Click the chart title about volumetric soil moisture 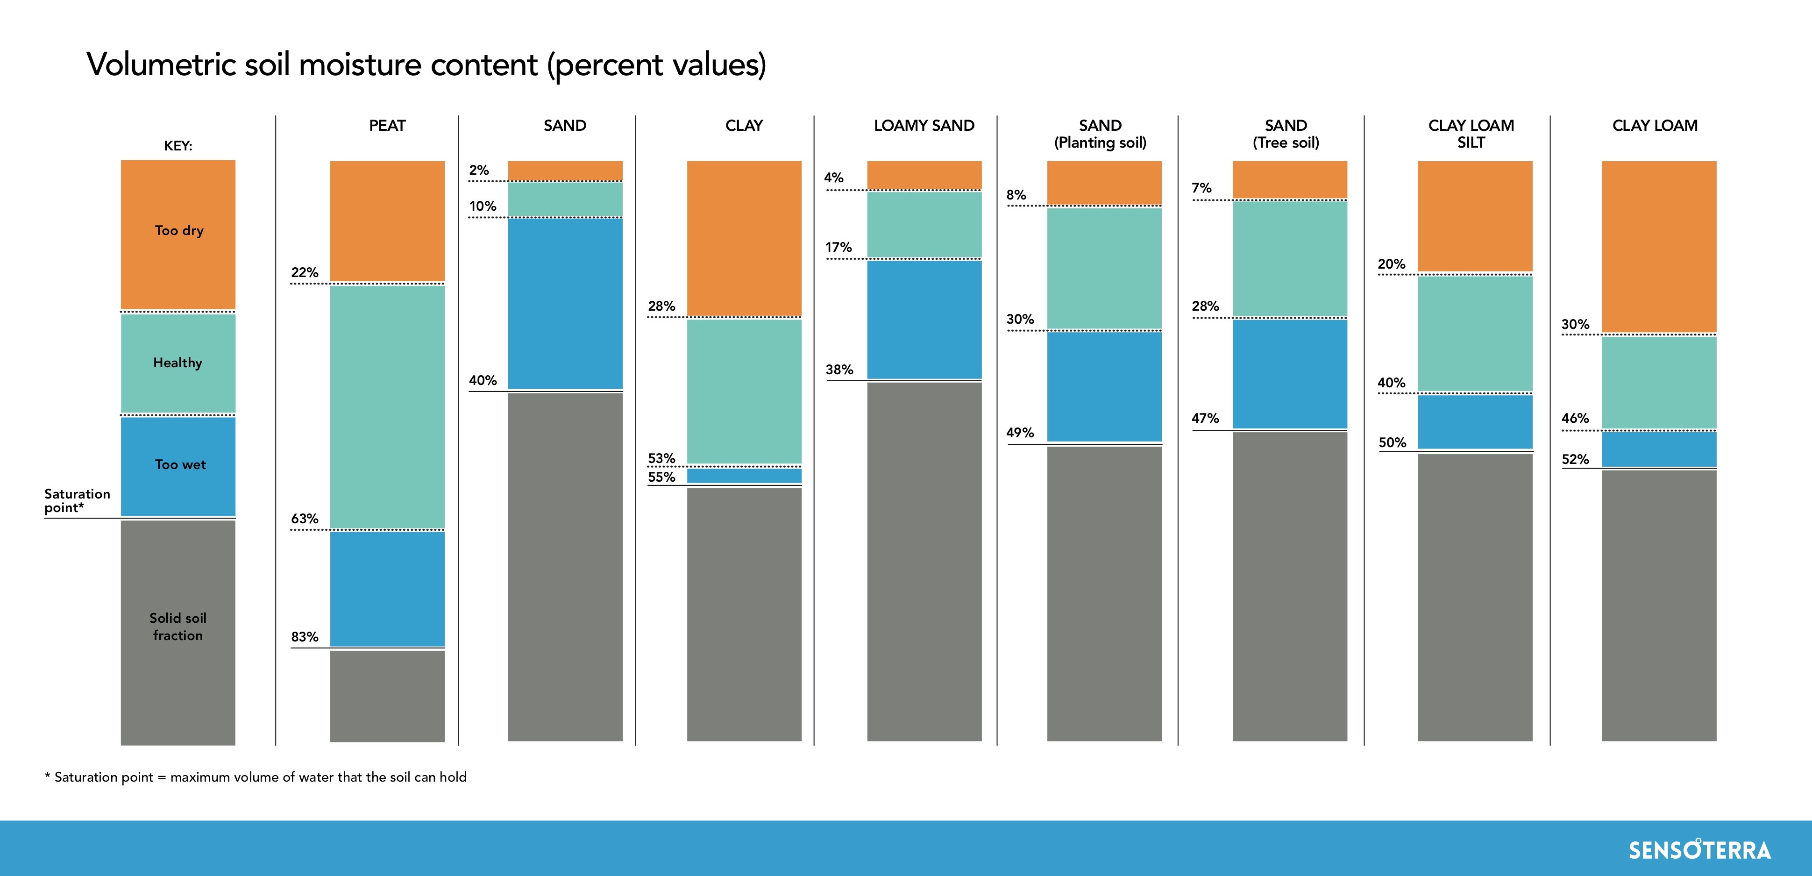(x=426, y=65)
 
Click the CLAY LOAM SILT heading (x=1471, y=134)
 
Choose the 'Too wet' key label (x=180, y=464)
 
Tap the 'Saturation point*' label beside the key (x=77, y=500)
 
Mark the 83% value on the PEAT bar (x=305, y=637)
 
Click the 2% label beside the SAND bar (x=479, y=170)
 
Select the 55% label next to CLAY (x=661, y=477)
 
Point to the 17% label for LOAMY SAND (x=838, y=248)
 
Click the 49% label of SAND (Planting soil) (x=1020, y=433)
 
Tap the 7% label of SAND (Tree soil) (x=1201, y=188)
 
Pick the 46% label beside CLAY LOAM (x=1575, y=418)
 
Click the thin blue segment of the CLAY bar (x=744, y=476)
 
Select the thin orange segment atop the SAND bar (x=565, y=170)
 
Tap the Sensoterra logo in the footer (x=1699, y=850)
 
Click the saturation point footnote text (x=256, y=777)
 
